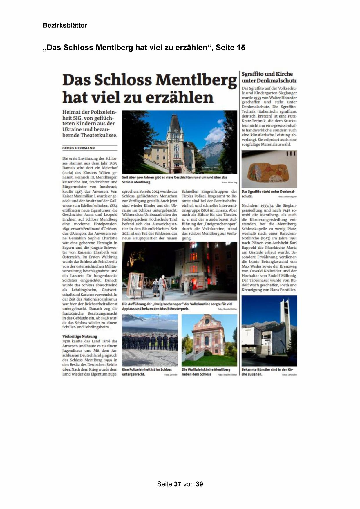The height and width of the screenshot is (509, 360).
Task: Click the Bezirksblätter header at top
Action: point(65,25)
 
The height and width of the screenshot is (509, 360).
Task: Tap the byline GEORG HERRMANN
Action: point(79,148)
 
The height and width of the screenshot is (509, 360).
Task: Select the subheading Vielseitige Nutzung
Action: point(80,336)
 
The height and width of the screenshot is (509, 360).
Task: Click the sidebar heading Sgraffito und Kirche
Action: point(267,74)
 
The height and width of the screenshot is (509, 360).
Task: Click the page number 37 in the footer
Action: point(178,484)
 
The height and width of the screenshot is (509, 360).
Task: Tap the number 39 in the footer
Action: point(199,484)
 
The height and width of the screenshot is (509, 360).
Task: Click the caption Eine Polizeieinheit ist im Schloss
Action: point(147,371)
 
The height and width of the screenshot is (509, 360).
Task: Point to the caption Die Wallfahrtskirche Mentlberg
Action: point(206,371)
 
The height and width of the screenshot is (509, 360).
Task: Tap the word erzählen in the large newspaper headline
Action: point(180,98)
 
